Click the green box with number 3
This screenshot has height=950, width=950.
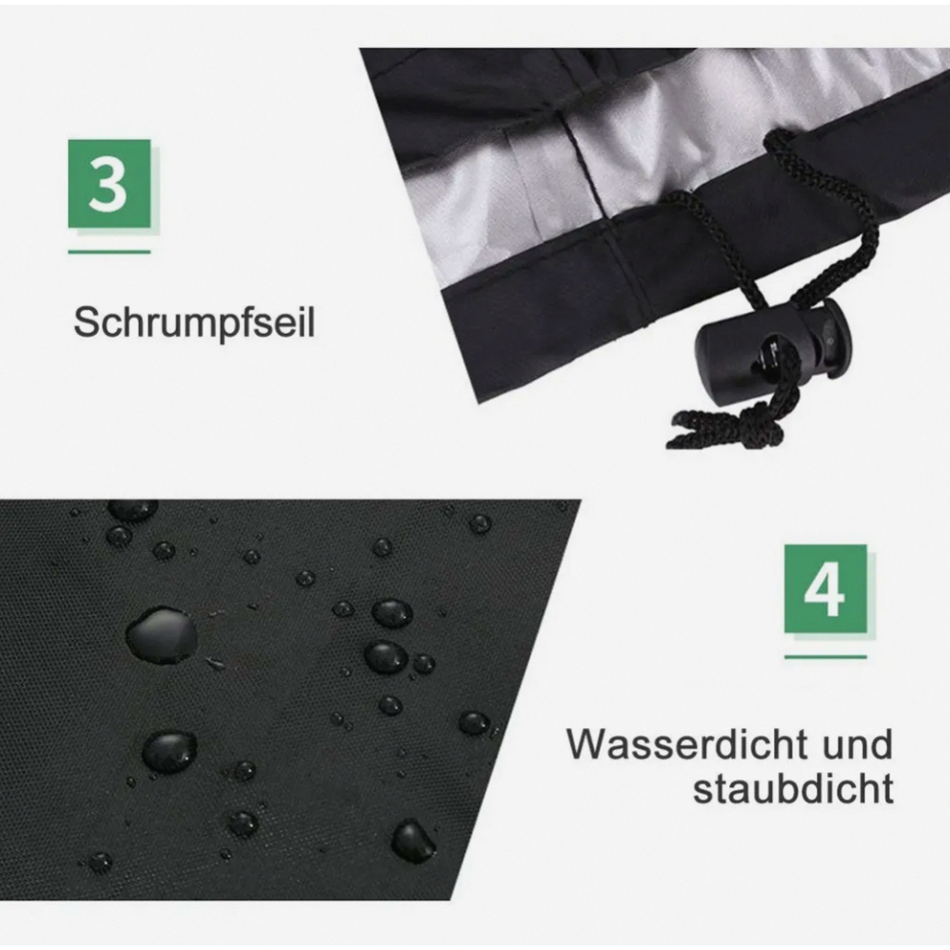(x=109, y=183)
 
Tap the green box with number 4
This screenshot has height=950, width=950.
(x=825, y=589)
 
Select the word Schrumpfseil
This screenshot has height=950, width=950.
(x=194, y=322)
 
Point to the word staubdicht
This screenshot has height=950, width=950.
(x=793, y=788)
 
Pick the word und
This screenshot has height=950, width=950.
(x=858, y=744)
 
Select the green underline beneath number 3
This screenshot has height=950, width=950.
(x=109, y=250)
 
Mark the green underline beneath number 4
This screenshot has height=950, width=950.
(x=825, y=656)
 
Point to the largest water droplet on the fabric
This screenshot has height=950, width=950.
(x=162, y=635)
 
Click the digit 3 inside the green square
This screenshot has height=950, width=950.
(x=108, y=183)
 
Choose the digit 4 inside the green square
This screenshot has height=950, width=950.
(x=824, y=589)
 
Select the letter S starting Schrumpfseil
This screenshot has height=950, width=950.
(x=86, y=322)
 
